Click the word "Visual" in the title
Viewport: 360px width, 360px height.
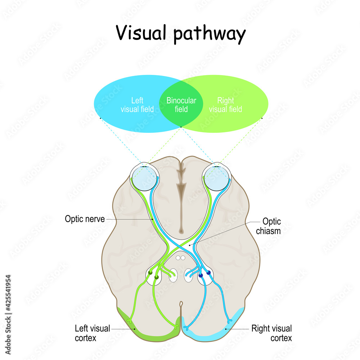141,33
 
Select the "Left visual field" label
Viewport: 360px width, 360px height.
137,105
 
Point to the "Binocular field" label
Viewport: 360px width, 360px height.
181,105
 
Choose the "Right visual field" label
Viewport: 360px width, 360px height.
225,105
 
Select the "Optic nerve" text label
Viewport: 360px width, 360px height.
85,219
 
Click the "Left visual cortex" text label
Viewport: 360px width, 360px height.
92,333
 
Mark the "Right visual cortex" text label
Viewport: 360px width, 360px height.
271,333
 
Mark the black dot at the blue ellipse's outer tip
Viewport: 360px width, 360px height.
100,118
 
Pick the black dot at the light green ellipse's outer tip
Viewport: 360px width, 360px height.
262,118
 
